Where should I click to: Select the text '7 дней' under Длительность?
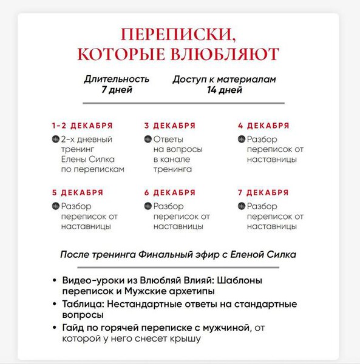[117, 90]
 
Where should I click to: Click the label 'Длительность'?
[117, 79]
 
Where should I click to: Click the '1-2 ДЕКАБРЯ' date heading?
[83, 126]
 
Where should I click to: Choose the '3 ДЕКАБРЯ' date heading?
[170, 126]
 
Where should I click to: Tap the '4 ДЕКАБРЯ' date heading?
[263, 126]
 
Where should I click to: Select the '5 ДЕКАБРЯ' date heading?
[78, 192]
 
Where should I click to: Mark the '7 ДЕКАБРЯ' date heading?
[263, 192]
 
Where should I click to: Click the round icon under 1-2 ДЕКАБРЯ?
[55, 140]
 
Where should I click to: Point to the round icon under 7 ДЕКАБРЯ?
[242, 206]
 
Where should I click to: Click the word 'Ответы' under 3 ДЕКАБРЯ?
[169, 140]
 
